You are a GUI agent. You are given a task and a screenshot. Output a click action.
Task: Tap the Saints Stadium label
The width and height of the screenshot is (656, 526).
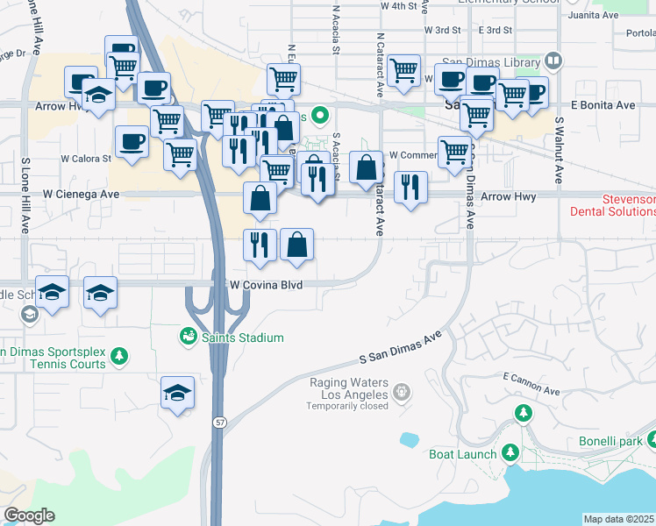(x=243, y=338)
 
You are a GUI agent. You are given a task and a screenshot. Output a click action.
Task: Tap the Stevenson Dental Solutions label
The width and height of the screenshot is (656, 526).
(x=612, y=206)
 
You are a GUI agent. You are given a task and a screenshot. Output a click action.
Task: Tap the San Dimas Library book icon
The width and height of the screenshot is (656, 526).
(x=553, y=61)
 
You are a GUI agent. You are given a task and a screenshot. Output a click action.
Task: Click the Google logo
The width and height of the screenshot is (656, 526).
(x=29, y=515)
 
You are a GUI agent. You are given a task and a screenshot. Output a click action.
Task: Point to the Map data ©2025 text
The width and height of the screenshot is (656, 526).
(x=619, y=519)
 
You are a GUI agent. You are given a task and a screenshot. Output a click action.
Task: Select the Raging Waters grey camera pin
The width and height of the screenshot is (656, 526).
(x=403, y=390)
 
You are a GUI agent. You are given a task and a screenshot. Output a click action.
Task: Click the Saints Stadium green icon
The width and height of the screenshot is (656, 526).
(x=188, y=336)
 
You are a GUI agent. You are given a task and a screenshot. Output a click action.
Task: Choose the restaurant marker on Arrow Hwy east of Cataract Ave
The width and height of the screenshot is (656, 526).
(x=410, y=187)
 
